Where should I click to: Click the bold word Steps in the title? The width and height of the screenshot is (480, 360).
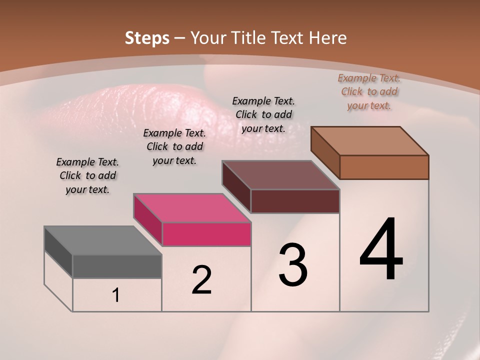[x=147, y=38]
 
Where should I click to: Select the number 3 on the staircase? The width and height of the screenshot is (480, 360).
[x=293, y=265]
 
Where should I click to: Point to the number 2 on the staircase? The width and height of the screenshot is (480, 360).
[x=201, y=280]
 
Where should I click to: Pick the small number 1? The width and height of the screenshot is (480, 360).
[x=116, y=295]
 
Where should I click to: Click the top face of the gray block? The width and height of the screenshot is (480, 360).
[x=102, y=240]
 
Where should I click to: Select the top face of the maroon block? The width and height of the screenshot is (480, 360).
[x=280, y=175]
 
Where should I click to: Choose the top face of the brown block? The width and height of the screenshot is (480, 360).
[x=369, y=141]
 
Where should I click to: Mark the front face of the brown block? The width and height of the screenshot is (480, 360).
[x=384, y=167]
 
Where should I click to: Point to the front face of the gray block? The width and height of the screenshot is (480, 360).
[x=117, y=266]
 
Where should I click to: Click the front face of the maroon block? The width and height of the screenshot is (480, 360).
[x=295, y=201]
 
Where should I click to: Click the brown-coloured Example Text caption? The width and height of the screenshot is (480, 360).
[x=369, y=91]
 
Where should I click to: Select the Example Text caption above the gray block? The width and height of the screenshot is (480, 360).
[x=87, y=175]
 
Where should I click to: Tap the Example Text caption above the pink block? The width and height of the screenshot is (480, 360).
[x=174, y=146]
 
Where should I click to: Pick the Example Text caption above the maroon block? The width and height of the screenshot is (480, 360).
[x=263, y=114]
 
